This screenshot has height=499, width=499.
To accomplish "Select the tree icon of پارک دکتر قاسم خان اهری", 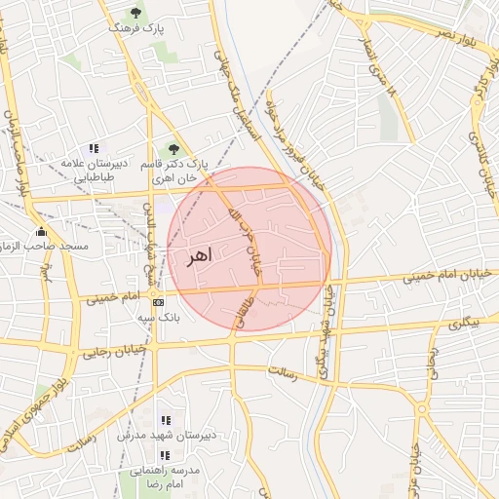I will (x=173, y=149).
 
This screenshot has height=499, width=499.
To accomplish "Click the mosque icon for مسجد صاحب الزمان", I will (x=41, y=232).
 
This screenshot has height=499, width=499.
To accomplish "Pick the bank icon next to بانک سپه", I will (x=158, y=302).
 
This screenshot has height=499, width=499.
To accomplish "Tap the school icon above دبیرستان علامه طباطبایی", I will (x=93, y=149).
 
